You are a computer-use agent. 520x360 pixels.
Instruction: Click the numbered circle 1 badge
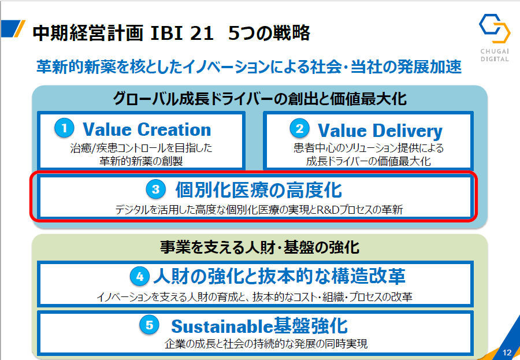tap(64, 128)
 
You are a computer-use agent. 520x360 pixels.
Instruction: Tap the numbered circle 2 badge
tap(299, 128)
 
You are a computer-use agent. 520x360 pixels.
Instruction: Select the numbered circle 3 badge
tap(156, 189)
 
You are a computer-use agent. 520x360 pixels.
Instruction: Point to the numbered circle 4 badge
tap(140, 276)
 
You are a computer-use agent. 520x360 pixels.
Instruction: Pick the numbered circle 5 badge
tap(149, 325)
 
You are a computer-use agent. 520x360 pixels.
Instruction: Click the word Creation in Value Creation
tap(174, 129)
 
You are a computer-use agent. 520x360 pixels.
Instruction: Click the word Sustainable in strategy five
tap(221, 326)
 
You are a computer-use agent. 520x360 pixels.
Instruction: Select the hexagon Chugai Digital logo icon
tap(495, 28)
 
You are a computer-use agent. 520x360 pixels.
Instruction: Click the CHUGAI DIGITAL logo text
tap(495, 55)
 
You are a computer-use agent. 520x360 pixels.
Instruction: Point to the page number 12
tap(507, 352)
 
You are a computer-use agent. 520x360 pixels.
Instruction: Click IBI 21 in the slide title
tap(182, 33)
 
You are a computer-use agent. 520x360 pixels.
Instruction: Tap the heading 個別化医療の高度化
tap(259, 190)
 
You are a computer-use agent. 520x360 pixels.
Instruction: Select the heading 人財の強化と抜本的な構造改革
tap(279, 276)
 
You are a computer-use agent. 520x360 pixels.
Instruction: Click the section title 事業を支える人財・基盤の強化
tap(259, 247)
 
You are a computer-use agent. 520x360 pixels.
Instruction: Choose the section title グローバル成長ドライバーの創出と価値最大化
tap(259, 99)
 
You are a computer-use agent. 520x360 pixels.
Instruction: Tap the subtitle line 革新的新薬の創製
tap(141, 161)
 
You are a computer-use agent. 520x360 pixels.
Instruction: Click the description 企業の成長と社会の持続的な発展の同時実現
tap(266, 344)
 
